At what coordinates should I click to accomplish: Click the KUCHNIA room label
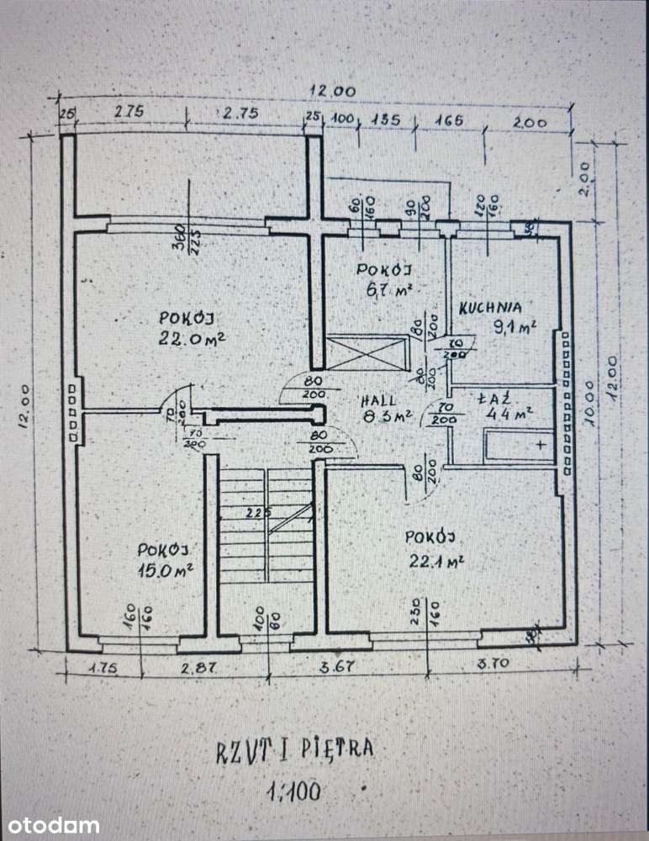tap(490, 308)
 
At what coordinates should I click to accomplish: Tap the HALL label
tap(375, 400)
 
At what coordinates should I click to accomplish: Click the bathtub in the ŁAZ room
tap(518, 444)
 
